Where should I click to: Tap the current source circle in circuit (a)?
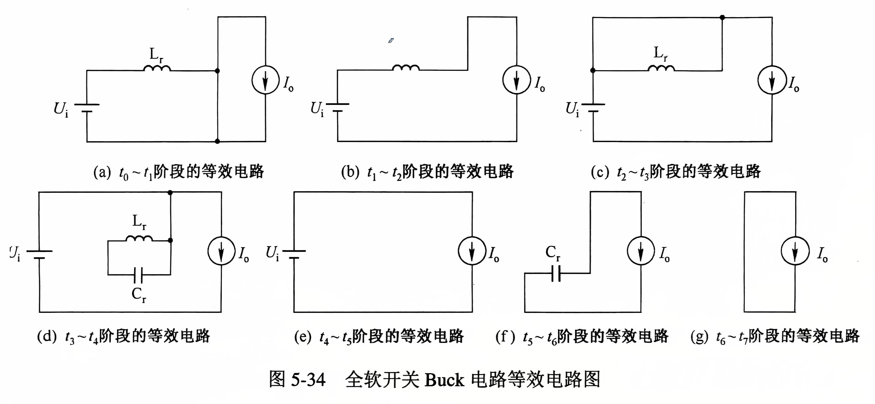(x=265, y=80)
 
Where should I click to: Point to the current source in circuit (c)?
(x=772, y=80)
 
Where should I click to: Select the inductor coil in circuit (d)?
(x=139, y=238)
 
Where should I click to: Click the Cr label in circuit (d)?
(x=139, y=294)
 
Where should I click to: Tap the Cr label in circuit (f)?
(x=553, y=253)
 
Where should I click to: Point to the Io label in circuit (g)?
(x=822, y=255)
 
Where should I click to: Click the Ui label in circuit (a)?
(x=61, y=109)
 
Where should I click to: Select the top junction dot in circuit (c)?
(x=722, y=17)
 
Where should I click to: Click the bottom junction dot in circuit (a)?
(x=217, y=141)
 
